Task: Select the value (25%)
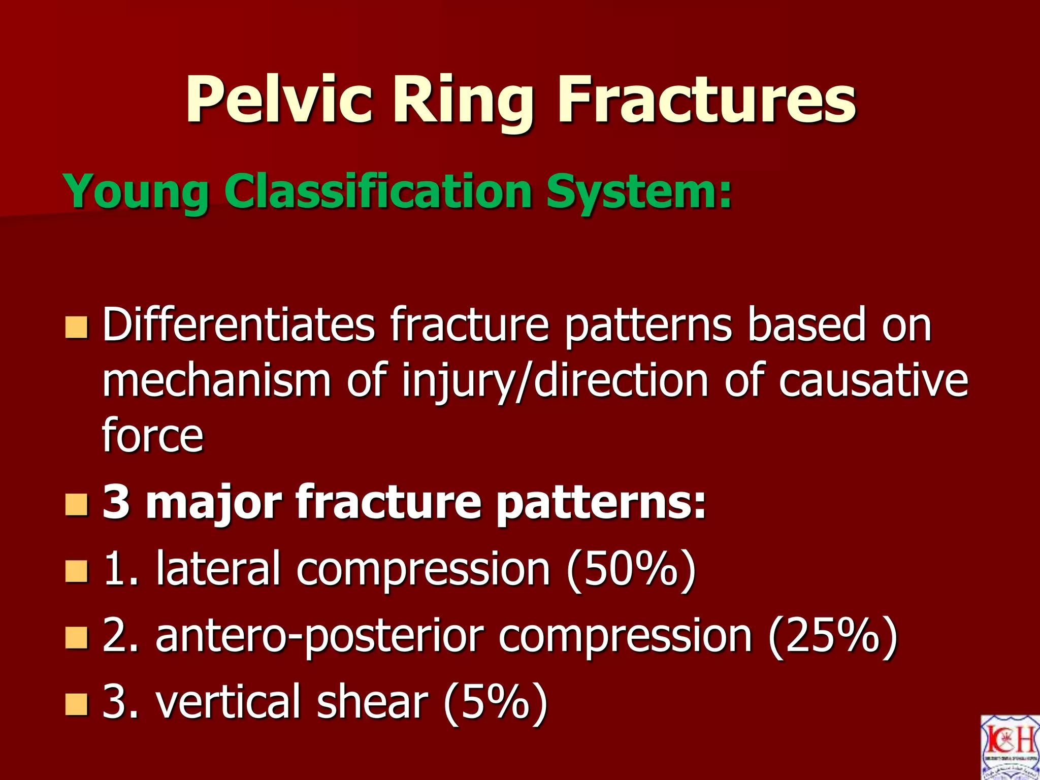(833, 636)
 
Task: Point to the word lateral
(218, 569)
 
